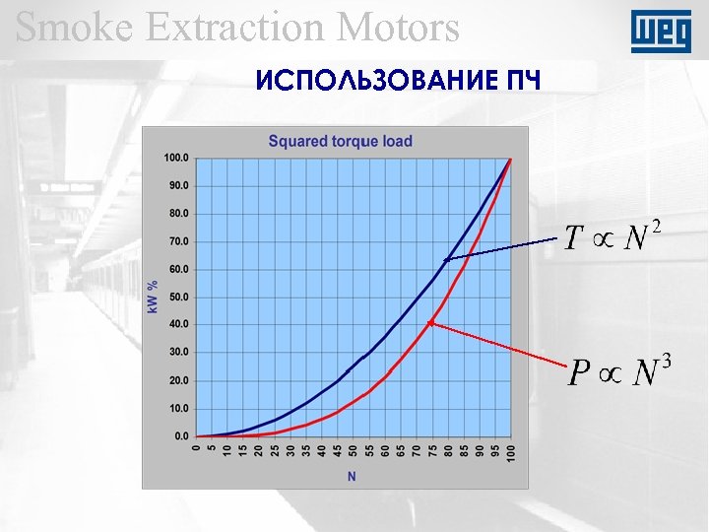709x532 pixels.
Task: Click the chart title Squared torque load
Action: tap(341, 141)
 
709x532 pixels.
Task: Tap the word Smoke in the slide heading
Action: tap(70, 27)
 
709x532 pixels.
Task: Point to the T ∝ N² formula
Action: tap(610, 237)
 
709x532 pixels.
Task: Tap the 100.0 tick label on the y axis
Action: tap(176, 158)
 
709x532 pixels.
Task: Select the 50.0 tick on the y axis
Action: tap(178, 297)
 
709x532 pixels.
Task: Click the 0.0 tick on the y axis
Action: tap(181, 435)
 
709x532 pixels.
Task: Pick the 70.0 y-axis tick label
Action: tap(178, 241)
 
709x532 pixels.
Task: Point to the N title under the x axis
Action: tap(352, 477)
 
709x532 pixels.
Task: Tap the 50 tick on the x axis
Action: tap(353, 449)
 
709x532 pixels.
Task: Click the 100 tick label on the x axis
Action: tap(510, 452)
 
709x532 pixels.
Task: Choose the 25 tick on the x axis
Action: tap(274, 449)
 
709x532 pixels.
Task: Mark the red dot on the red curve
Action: tap(431, 323)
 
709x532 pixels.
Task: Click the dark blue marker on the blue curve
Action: tap(447, 260)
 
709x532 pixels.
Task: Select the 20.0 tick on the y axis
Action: tap(178, 380)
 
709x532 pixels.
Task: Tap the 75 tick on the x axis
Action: tap(431, 449)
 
